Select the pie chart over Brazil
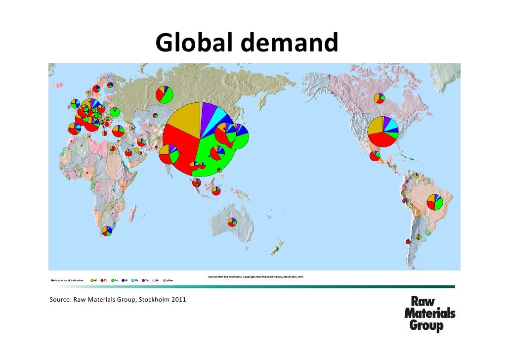click(x=435, y=202)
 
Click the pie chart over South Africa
click(x=106, y=231)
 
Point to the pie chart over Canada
click(x=379, y=98)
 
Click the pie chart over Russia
click(x=165, y=94)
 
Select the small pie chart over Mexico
click(x=376, y=156)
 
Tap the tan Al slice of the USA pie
click(x=376, y=126)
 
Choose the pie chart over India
click(x=169, y=155)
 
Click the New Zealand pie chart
click(x=277, y=249)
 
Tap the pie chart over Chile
click(x=408, y=242)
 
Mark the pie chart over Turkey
click(x=118, y=131)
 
